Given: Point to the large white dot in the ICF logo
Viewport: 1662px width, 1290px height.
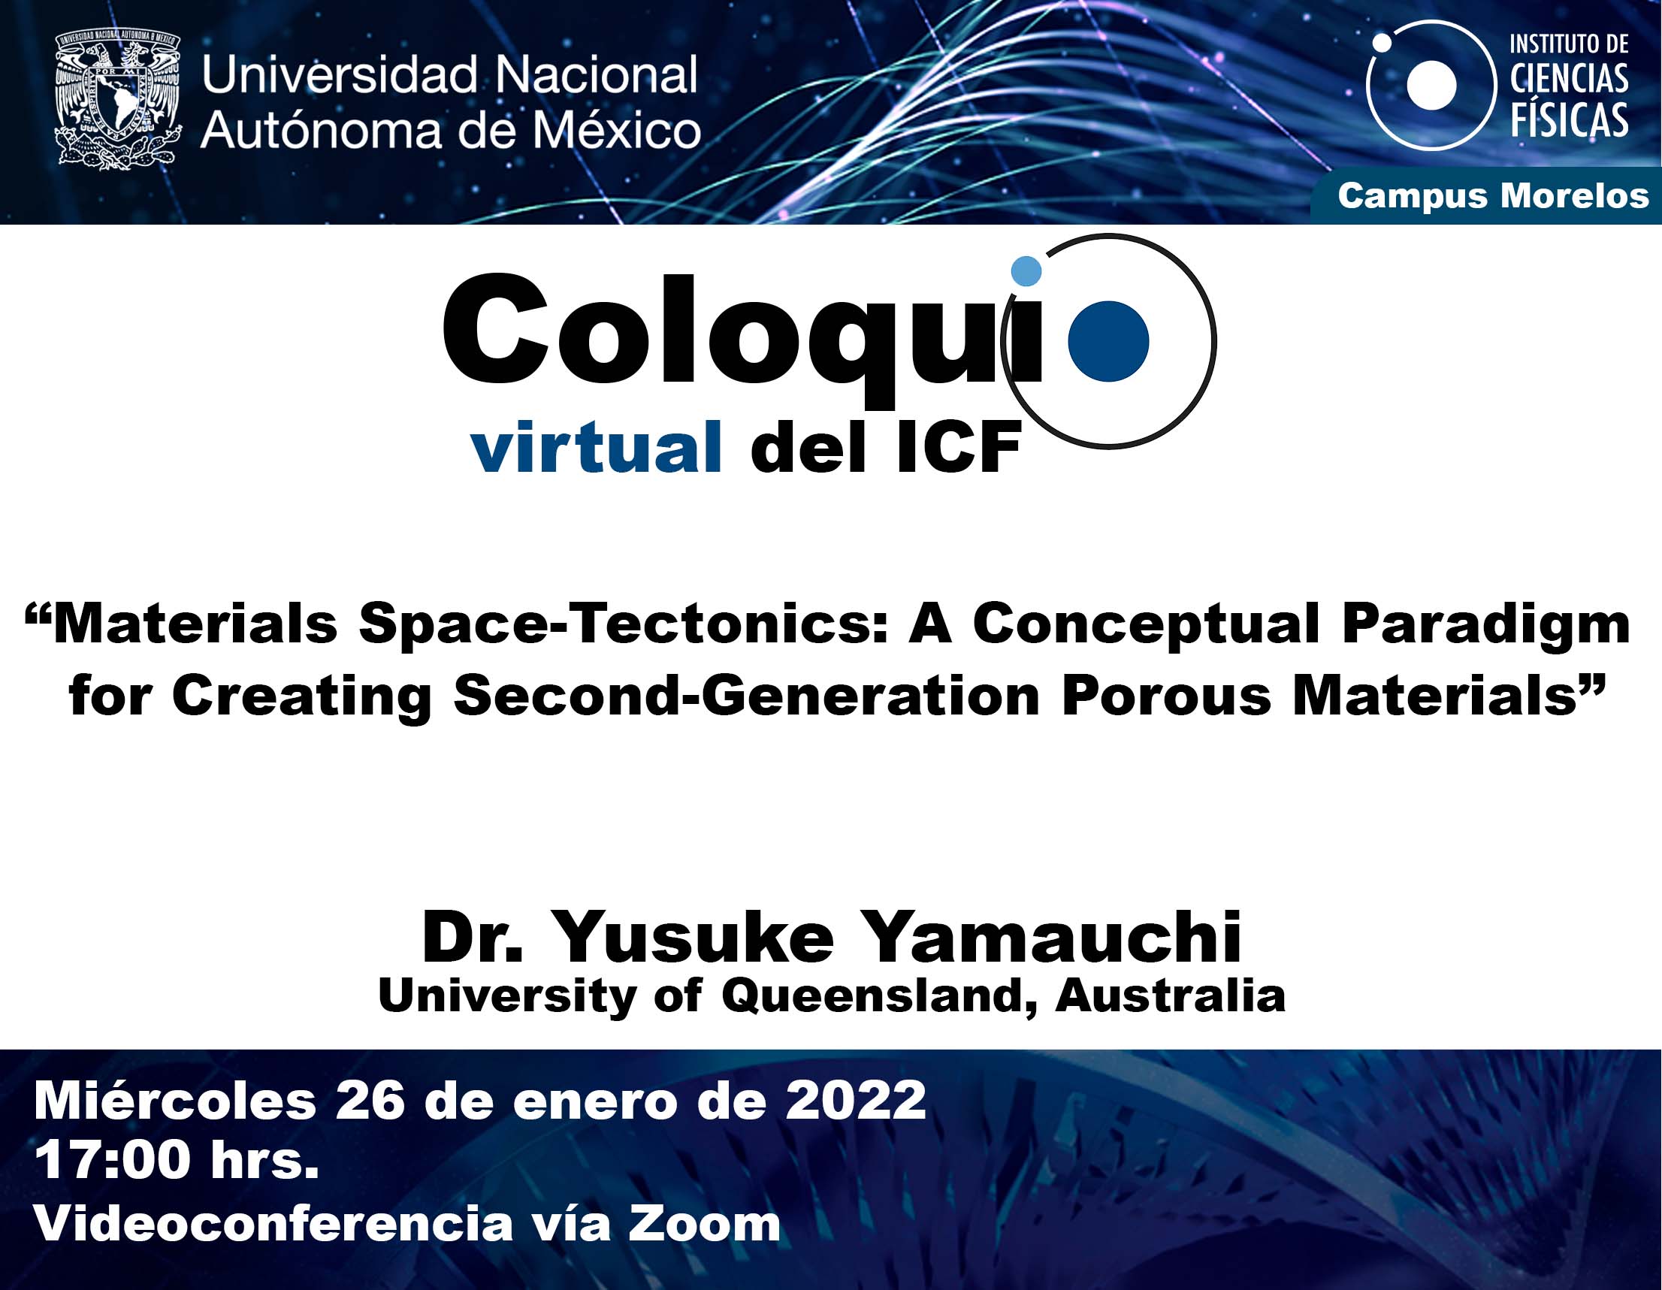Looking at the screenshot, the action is (1431, 85).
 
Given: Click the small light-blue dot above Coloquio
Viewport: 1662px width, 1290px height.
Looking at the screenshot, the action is (1026, 271).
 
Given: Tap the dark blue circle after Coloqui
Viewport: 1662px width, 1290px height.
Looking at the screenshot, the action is (1108, 341).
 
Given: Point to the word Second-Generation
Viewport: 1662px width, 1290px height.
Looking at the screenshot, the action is (747, 696).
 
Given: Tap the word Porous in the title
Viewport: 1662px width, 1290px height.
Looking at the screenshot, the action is (1167, 697).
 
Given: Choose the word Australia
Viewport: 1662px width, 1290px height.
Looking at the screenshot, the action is (1171, 995).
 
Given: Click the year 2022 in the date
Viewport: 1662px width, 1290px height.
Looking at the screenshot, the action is (856, 1100).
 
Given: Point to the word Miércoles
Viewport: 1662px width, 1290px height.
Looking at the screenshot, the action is (175, 1100).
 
